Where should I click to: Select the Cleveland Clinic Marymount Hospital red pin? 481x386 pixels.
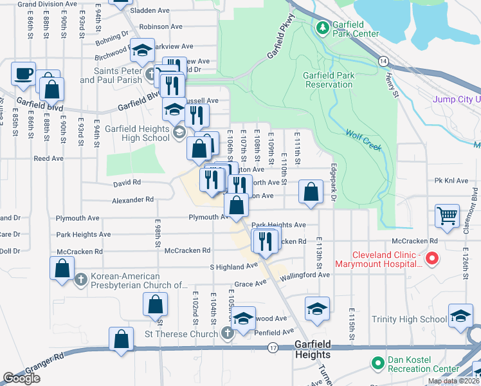pos(432,259)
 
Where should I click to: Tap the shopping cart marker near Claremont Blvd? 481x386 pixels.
pos(447,216)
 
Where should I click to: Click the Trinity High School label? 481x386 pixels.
pos(409,319)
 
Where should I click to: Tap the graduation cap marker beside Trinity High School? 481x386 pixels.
pos(460,316)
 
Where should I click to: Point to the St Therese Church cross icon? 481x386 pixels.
pos(226,333)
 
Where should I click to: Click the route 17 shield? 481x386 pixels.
pos(273,348)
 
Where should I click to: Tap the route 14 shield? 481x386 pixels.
pos(384,60)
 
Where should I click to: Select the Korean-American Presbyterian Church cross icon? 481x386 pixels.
pos(80,280)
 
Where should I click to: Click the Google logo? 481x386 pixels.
pos(22,378)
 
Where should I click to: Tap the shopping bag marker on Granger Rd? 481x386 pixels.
pos(122,338)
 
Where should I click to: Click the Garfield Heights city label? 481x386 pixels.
pos(313,349)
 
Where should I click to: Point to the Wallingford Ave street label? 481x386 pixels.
pos(305,275)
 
